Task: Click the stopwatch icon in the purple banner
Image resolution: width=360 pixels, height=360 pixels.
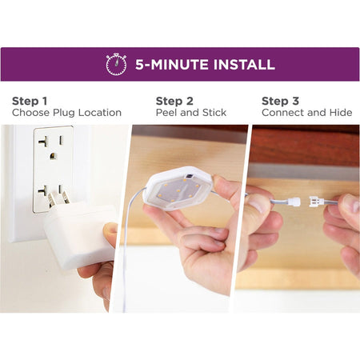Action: (x=116, y=64)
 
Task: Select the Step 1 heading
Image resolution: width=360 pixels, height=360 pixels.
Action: (x=30, y=101)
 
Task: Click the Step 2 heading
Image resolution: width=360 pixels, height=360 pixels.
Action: (x=174, y=101)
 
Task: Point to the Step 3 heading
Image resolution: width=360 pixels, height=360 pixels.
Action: (x=280, y=101)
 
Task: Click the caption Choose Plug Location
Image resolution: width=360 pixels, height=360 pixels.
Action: (x=66, y=113)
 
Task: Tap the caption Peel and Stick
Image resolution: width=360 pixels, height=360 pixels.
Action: (x=191, y=113)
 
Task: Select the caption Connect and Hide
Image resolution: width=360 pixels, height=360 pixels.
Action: (x=307, y=113)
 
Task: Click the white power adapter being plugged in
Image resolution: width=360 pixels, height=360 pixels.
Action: (x=80, y=234)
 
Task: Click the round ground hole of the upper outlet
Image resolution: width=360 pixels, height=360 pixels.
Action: (x=53, y=156)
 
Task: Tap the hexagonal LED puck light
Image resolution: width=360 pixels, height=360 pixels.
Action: (x=178, y=188)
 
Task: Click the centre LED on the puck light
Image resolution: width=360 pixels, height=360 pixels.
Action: (x=178, y=190)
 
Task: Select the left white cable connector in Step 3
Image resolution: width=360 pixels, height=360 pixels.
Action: (x=294, y=202)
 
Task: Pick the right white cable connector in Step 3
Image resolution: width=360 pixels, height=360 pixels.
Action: (x=316, y=202)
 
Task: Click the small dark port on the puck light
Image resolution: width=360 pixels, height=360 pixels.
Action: (x=189, y=176)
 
